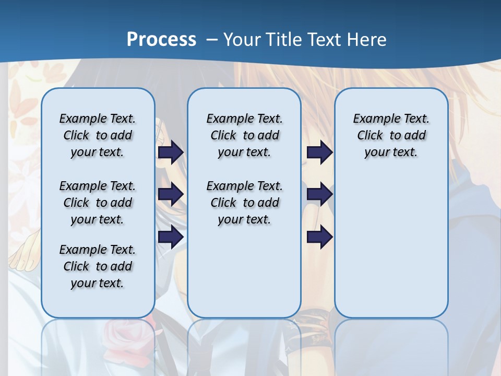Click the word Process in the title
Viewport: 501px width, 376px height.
(161, 39)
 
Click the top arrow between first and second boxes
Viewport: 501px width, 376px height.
(170, 152)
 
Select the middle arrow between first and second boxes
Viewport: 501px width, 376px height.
(170, 194)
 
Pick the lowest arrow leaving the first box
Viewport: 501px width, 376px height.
(170, 237)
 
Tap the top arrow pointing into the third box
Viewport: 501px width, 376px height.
(319, 152)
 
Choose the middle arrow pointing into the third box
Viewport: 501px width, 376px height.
(319, 194)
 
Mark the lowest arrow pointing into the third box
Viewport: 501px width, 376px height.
(319, 237)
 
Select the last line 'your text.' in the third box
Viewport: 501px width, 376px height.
(391, 152)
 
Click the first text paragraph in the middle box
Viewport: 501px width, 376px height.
(244, 135)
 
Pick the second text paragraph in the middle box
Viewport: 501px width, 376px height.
(244, 203)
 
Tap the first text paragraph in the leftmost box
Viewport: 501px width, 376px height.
(98, 135)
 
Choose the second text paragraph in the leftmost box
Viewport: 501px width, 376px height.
(98, 203)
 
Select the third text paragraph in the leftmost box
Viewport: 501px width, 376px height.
(98, 266)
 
